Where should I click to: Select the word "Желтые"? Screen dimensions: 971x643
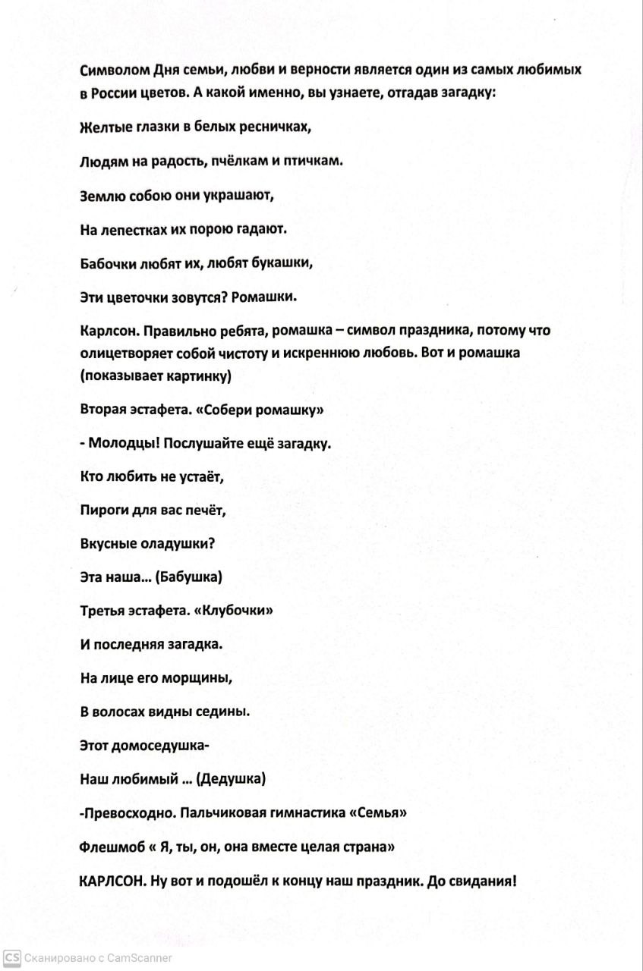(x=103, y=127)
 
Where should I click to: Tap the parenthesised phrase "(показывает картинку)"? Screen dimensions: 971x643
(x=155, y=376)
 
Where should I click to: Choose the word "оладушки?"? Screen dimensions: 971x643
(x=180, y=543)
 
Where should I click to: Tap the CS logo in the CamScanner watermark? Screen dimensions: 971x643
(x=11, y=957)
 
